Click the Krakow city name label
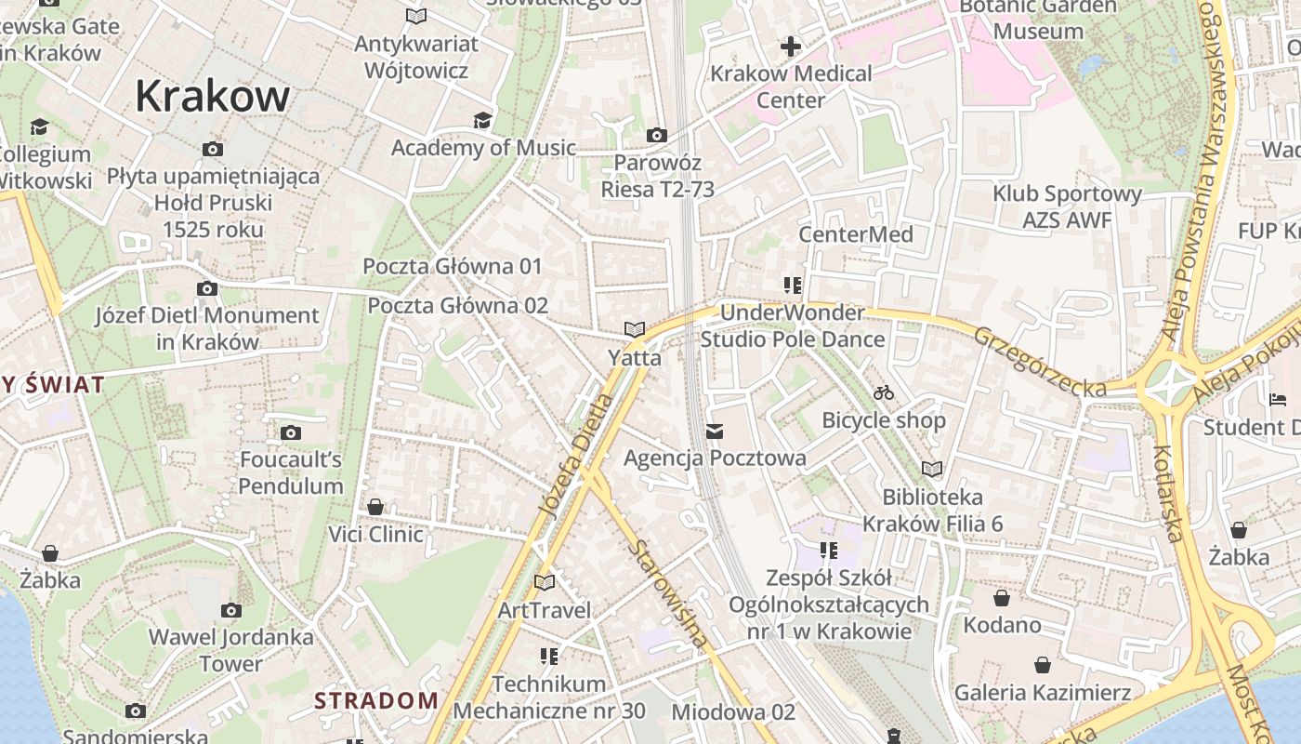[213, 96]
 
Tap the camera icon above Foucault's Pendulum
[291, 432]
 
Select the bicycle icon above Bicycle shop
[884, 392]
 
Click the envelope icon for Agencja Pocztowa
[715, 431]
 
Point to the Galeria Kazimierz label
[1043, 693]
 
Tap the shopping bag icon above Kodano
[1002, 597]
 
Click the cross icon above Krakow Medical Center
[791, 46]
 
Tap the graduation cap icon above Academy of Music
[482, 120]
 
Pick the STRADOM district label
[375, 700]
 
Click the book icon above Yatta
[635, 329]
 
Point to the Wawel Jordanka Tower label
[231, 651]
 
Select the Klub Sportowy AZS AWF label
[1067, 206]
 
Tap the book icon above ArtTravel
[545, 582]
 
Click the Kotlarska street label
[1167, 493]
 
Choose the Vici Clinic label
[375, 535]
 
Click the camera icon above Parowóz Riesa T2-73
[657, 135]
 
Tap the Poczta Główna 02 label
[457, 306]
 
